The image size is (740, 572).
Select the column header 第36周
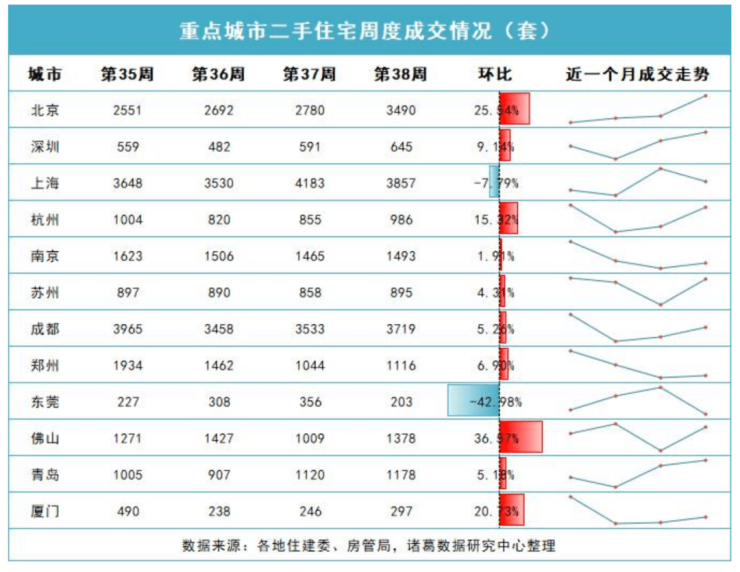(212, 75)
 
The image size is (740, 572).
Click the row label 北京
(45, 110)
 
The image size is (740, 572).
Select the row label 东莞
(45, 402)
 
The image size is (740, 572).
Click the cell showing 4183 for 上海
(303, 183)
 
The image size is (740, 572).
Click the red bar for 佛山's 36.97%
(521, 438)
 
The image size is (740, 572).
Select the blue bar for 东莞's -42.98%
(473, 401)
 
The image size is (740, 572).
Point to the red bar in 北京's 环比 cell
(514, 109)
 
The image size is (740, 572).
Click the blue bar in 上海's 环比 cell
(494, 182)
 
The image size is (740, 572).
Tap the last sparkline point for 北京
(706, 96)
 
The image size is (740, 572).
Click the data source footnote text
(368, 546)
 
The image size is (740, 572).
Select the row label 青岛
(45, 475)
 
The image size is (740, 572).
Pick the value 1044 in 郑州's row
(303, 366)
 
